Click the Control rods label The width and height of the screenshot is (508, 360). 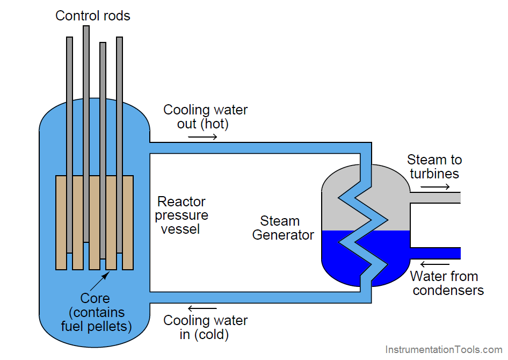(93, 16)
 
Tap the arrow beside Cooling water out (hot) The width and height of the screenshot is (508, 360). (202, 138)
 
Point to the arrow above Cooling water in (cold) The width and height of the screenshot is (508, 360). (202, 308)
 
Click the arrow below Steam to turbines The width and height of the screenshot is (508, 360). (435, 187)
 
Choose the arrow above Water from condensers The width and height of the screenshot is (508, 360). (435, 264)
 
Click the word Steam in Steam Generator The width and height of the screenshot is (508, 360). (280, 221)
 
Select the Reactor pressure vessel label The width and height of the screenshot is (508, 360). (182, 215)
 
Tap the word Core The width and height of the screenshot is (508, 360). (95, 298)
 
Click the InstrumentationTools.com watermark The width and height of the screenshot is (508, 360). (444, 350)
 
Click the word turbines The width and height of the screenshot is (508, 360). (434, 174)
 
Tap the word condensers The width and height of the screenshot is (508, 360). (448, 291)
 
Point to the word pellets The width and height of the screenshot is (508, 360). (113, 326)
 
